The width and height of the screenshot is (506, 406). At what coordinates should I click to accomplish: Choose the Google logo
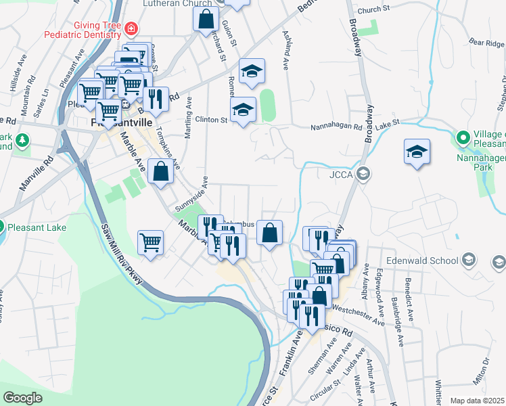click(23, 397)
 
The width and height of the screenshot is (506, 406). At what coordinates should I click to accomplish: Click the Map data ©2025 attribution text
click(478, 401)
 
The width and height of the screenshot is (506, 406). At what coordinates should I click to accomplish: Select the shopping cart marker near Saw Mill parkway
click(150, 242)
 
